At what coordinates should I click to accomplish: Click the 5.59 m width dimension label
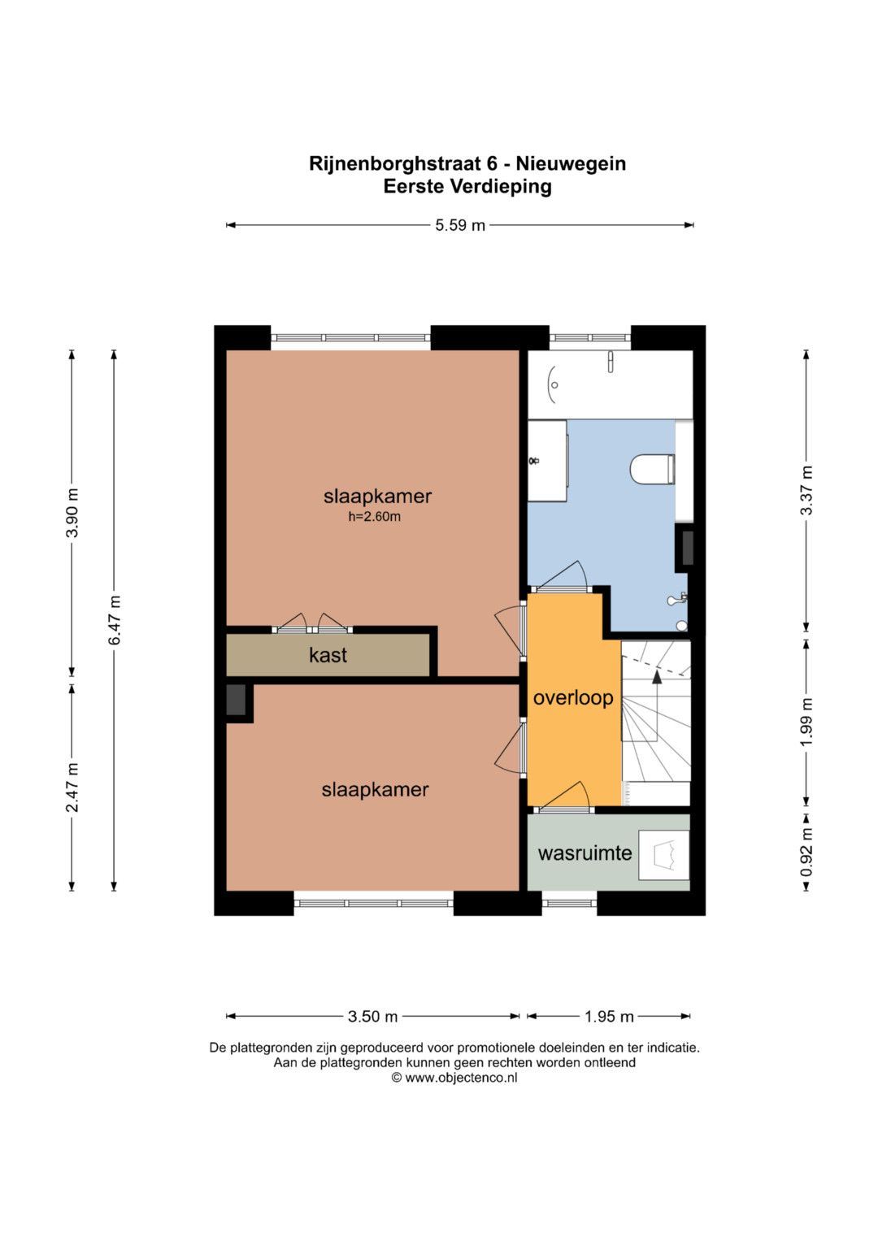(459, 225)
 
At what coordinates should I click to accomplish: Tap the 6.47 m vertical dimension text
(115, 621)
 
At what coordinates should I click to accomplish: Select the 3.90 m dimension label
(72, 513)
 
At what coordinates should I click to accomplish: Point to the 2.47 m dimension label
(72, 787)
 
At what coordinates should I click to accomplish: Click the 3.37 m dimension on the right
(806, 491)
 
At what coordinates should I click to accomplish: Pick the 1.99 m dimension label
(806, 722)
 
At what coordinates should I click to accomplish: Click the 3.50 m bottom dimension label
(372, 1017)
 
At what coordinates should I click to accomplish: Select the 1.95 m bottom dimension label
(609, 1017)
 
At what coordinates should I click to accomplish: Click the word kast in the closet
(328, 655)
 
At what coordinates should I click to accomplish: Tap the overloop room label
(573, 699)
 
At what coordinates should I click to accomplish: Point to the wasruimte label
(585, 853)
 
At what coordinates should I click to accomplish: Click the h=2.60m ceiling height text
(374, 518)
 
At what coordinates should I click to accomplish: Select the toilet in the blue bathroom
(652, 469)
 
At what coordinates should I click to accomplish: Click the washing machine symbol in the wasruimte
(663, 854)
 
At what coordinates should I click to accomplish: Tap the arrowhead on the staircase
(657, 675)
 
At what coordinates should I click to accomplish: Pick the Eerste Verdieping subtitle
(467, 187)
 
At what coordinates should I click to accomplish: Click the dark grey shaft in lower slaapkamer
(236, 700)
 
